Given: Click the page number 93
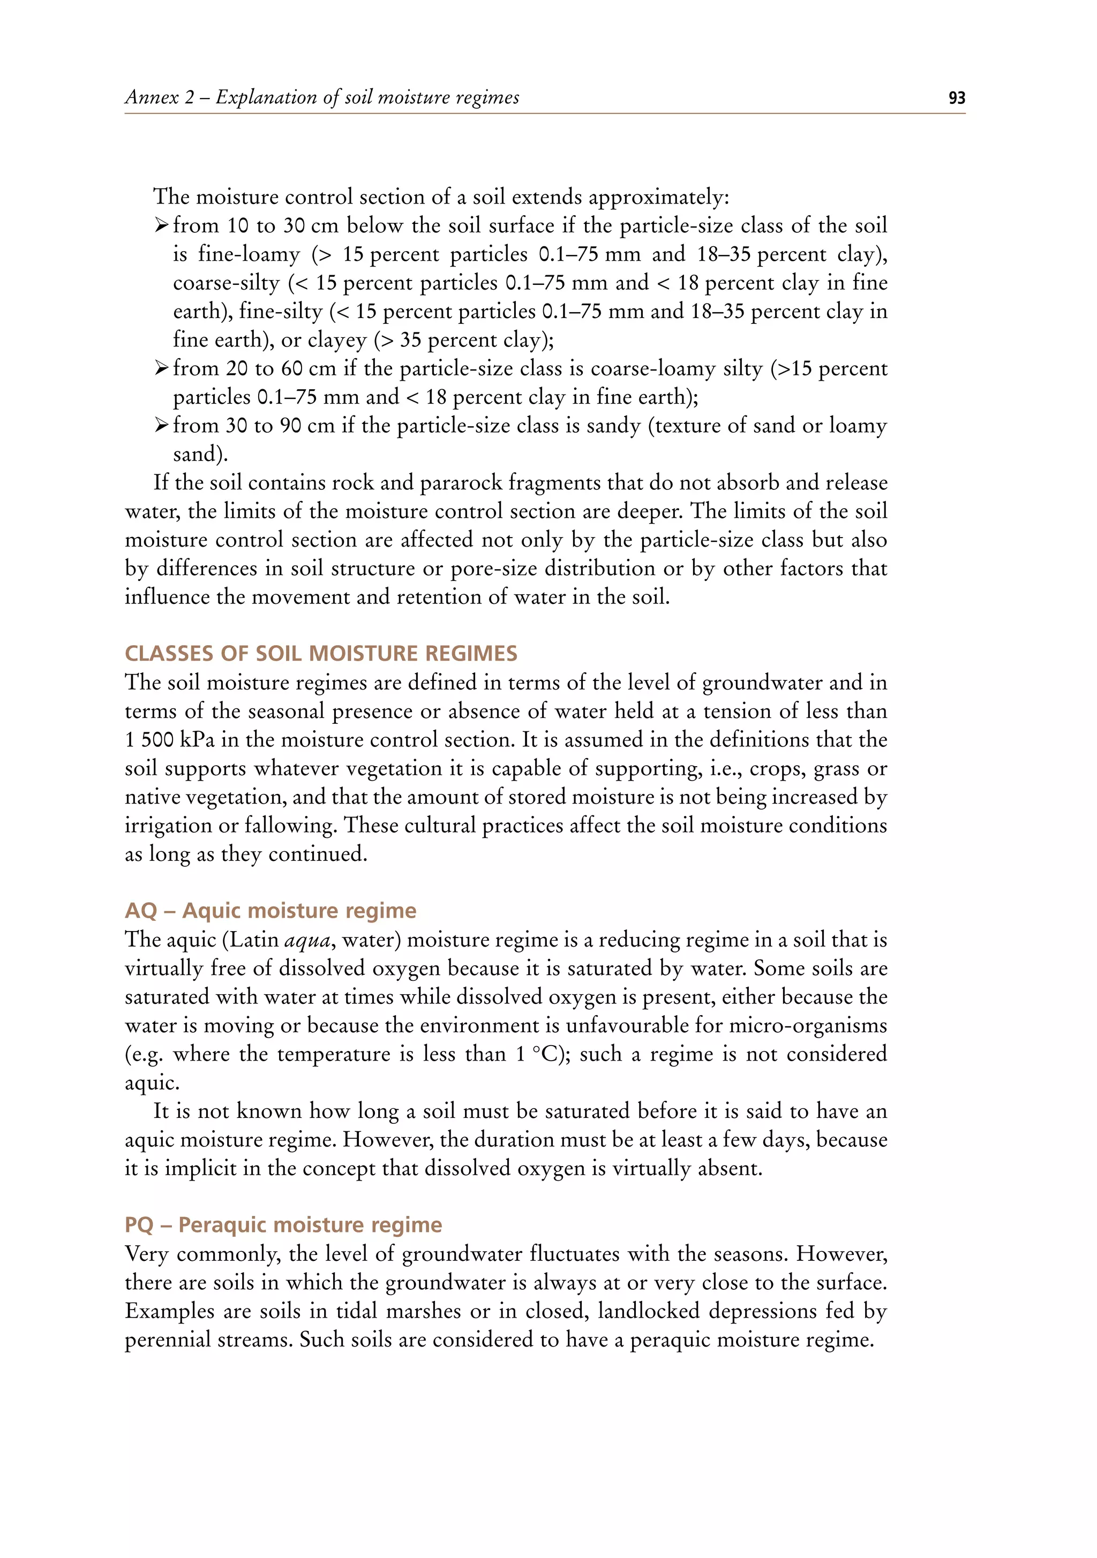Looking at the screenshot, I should click(x=957, y=98).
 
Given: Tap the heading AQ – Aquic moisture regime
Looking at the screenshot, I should click(x=270, y=910).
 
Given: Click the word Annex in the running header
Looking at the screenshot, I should click(x=152, y=97).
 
